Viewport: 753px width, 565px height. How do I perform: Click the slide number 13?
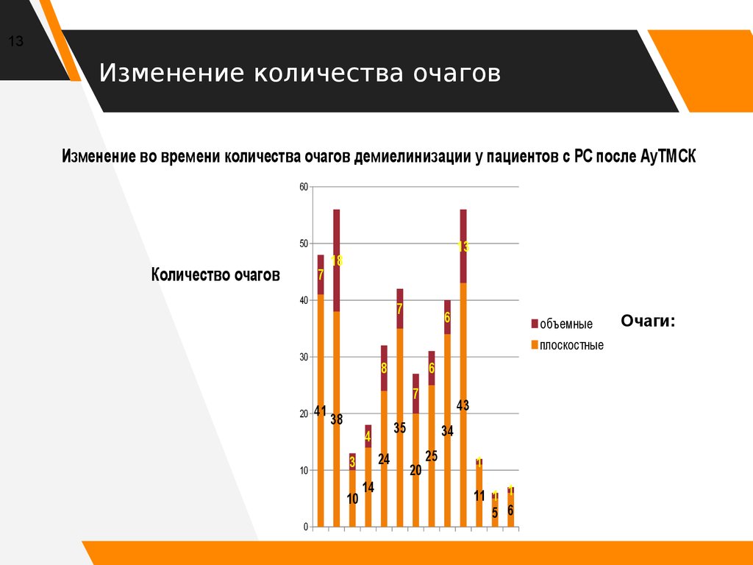15,42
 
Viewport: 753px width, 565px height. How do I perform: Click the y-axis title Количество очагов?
215,275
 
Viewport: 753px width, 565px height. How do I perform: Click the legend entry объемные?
565,324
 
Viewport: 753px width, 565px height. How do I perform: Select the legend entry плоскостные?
571,345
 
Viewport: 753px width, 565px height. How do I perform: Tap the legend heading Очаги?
648,321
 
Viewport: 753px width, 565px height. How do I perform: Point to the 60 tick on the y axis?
303,187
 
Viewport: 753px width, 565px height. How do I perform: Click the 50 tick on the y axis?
303,244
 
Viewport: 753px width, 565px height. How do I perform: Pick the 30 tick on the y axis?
303,357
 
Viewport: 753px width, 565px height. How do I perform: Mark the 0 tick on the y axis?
305,527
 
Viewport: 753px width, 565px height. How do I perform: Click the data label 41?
320,411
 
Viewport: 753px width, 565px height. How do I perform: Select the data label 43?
463,405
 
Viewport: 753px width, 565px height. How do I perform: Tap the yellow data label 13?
463,247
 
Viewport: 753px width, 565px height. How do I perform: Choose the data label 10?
352,499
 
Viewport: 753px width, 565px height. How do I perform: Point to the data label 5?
495,514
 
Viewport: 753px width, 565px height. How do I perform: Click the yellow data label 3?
352,463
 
